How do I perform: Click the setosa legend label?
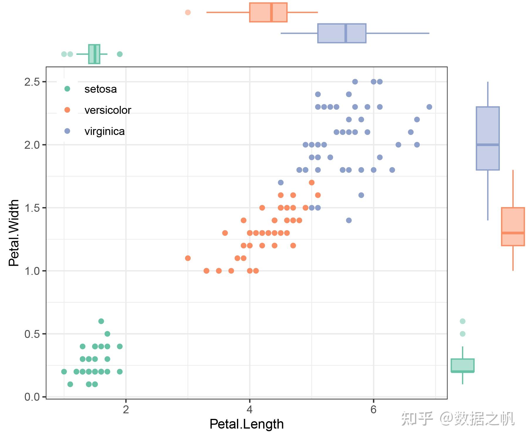[100, 89]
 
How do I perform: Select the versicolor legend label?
[108, 110]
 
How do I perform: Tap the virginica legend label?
[104, 131]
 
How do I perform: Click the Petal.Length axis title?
[246, 424]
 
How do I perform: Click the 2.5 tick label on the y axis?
[32, 82]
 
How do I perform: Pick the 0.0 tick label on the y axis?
[32, 397]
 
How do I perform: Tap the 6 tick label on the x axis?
[373, 409]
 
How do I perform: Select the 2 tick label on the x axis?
[126, 409]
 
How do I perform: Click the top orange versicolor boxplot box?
[268, 12]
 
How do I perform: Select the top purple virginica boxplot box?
[342, 33]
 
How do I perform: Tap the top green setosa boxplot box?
[94, 54]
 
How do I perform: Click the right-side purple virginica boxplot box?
[488, 138]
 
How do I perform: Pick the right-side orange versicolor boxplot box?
[513, 226]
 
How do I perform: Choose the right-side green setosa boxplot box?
[462, 365]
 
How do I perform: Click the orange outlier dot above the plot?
[188, 12]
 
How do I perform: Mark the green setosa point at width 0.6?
[101, 321]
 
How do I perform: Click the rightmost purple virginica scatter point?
[429, 107]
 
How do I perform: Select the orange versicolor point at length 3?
[188, 258]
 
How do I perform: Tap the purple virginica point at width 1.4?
[349, 220]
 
